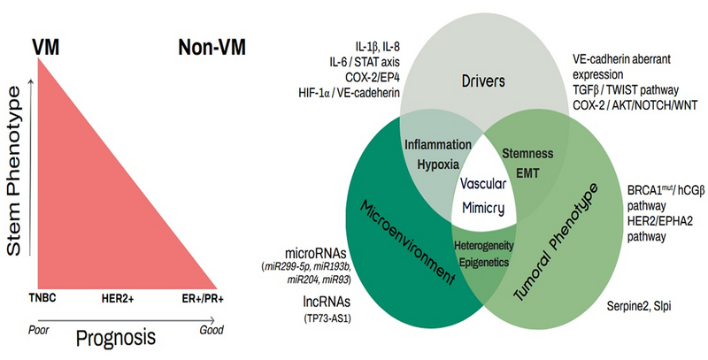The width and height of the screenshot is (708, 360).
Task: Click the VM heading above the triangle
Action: [46, 47]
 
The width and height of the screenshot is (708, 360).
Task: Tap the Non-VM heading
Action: [212, 47]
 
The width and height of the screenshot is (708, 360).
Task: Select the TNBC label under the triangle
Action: [42, 298]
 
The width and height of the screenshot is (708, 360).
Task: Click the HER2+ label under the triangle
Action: [118, 299]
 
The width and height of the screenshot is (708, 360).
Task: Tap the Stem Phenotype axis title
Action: [14, 172]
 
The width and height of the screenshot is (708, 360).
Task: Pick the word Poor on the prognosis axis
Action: [38, 330]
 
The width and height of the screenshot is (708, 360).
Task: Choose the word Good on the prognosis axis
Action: [212, 330]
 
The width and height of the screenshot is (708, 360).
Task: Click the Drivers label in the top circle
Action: [483, 81]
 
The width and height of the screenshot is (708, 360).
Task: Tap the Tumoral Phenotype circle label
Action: [556, 242]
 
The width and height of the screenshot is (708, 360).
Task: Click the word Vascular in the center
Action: [483, 184]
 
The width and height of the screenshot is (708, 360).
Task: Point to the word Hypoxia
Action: [438, 165]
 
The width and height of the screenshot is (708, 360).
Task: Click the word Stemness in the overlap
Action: [527, 153]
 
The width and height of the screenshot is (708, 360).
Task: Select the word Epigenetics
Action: [484, 263]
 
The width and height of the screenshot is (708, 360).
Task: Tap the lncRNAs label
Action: [327, 302]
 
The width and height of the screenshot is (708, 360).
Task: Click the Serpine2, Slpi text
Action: [638, 306]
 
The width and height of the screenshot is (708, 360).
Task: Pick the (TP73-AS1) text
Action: [327, 319]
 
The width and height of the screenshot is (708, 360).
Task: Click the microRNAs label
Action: [315, 253]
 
